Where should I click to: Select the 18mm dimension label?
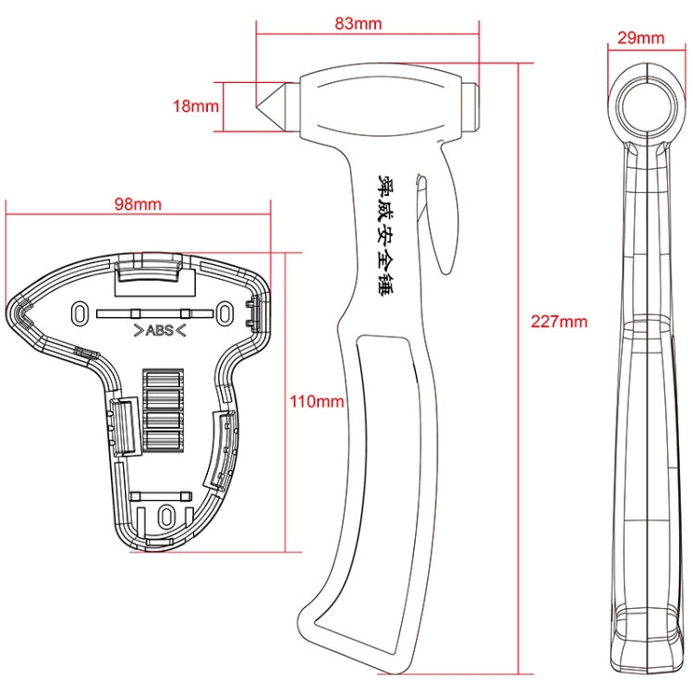point(196,105)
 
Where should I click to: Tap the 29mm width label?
point(641,38)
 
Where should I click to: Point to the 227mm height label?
point(558,322)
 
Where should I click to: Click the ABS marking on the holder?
point(158,330)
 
